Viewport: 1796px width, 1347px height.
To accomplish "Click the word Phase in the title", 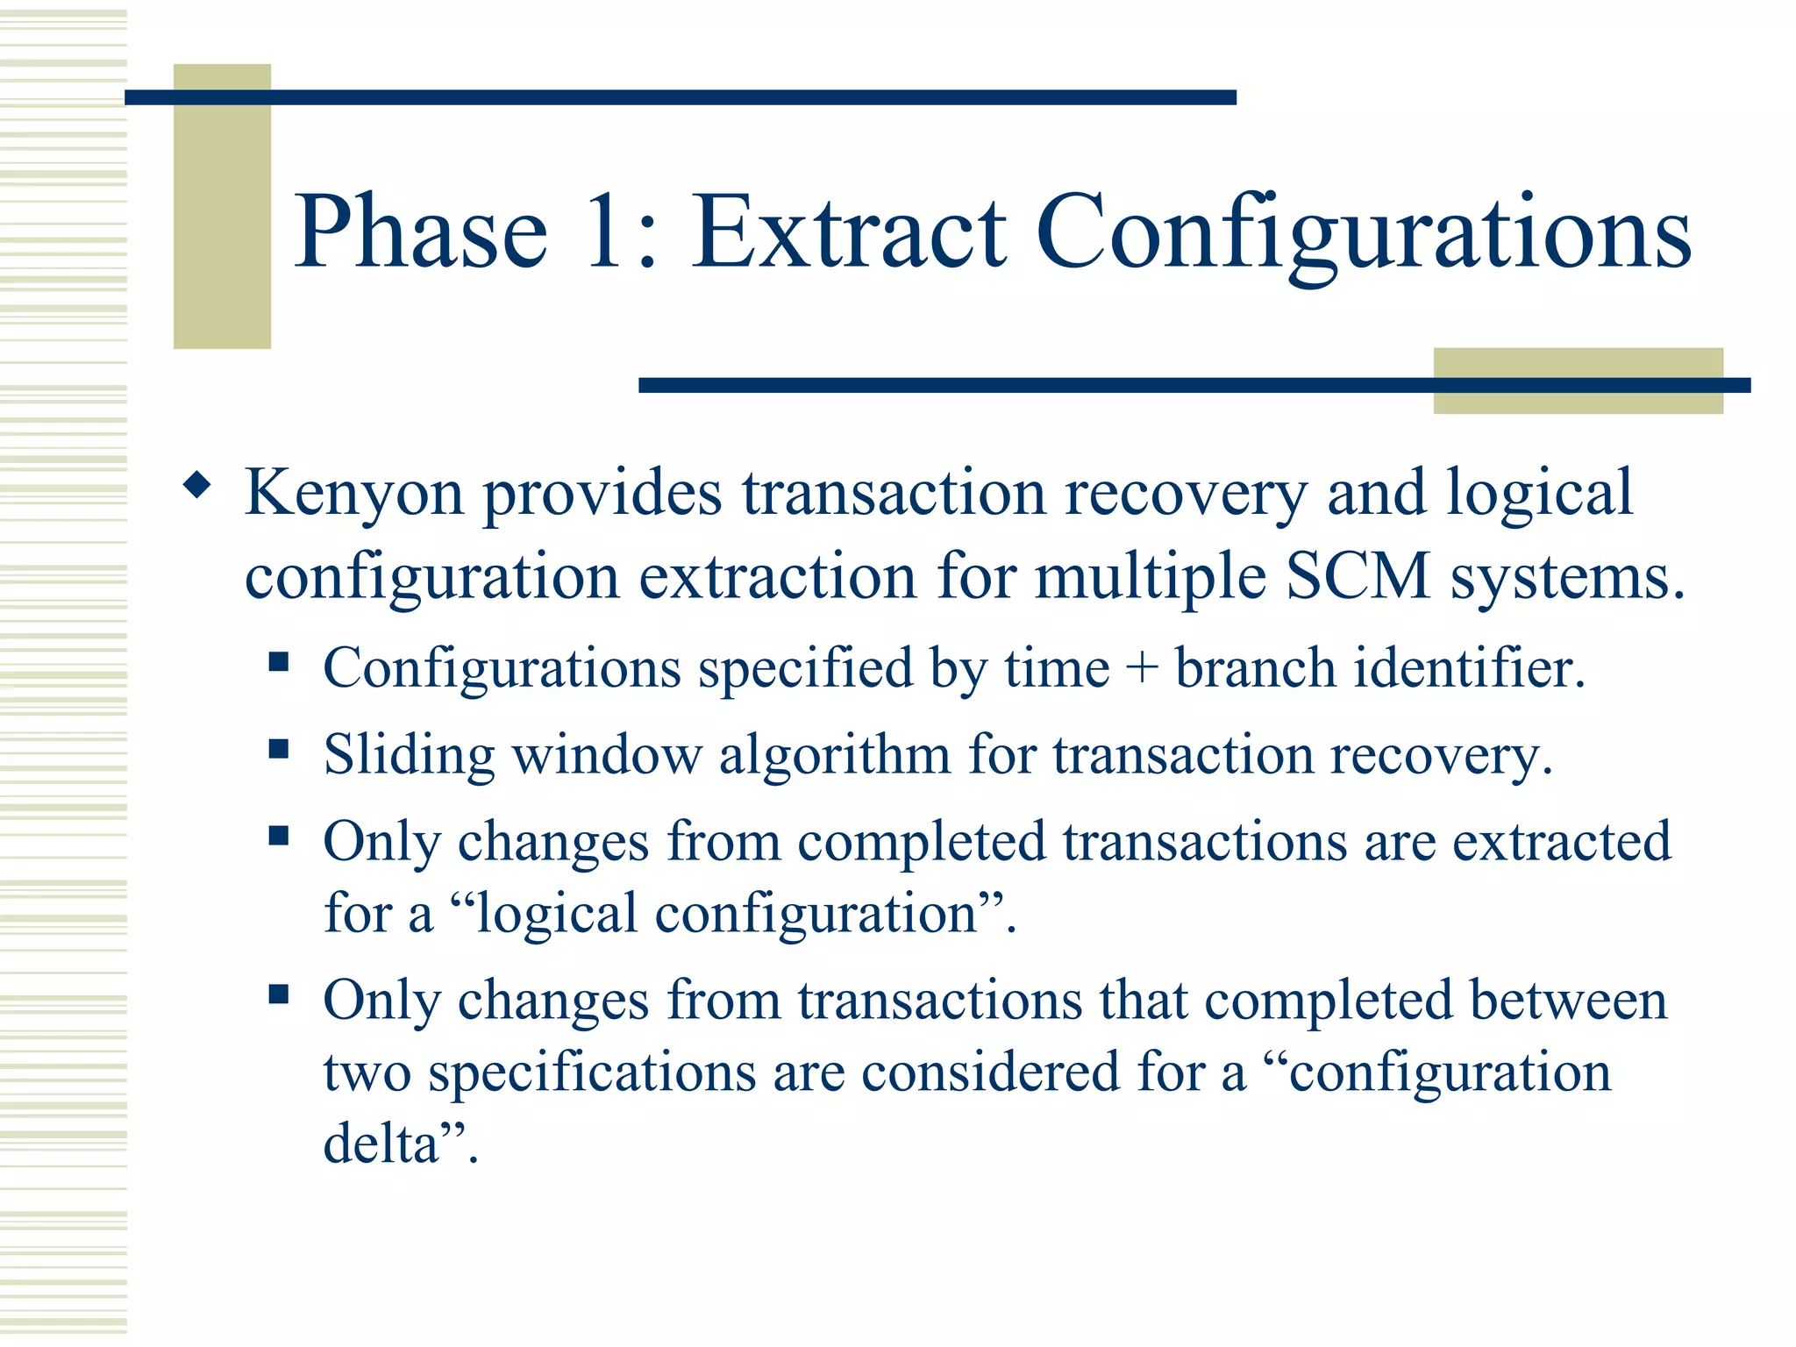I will click(x=421, y=232).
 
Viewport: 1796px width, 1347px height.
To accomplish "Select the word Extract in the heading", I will click(x=849, y=232).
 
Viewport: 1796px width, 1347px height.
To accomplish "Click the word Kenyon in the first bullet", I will click(x=353, y=493).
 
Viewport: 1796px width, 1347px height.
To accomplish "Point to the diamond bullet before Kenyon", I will click(x=197, y=485).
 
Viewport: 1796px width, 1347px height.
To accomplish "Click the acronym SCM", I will click(x=1358, y=577).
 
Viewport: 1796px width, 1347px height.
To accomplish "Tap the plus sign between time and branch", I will click(x=1142, y=669).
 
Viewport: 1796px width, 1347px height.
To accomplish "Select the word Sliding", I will click(x=409, y=756).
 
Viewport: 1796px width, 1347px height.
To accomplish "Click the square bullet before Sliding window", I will click(x=279, y=749).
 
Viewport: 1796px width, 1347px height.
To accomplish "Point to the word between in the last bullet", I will click(x=1568, y=1001).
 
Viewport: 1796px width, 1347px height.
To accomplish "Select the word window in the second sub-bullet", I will click(x=607, y=755).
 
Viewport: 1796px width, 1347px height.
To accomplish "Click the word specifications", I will click(x=592, y=1073).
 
